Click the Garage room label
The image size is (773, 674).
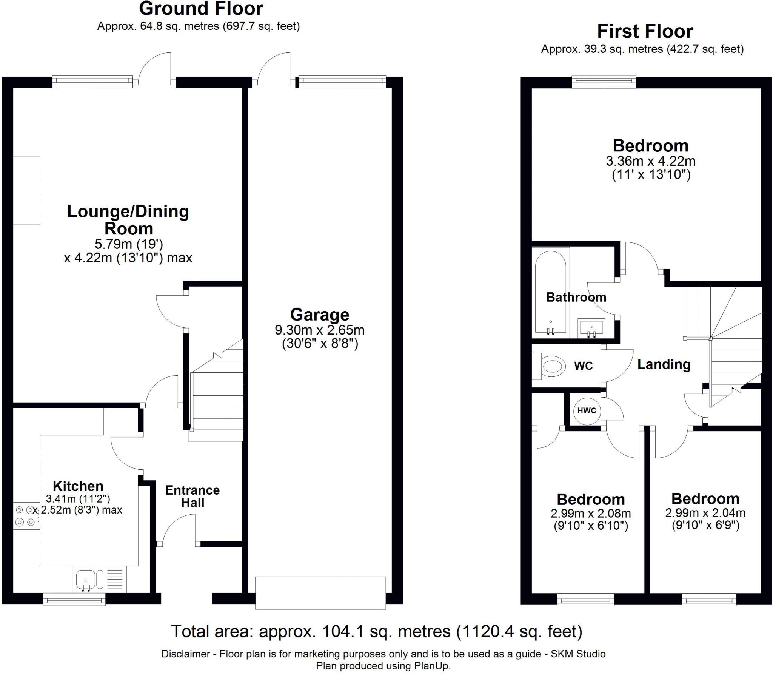(x=320, y=315)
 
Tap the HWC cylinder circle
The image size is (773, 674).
(x=587, y=410)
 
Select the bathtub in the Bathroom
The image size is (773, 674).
(x=551, y=292)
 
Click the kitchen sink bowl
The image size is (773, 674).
(x=86, y=580)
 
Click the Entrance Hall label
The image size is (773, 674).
(x=192, y=496)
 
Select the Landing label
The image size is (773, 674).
(x=664, y=364)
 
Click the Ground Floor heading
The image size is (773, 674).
(x=201, y=9)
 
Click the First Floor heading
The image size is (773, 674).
(x=645, y=31)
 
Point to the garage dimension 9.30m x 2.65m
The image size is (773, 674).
(x=320, y=330)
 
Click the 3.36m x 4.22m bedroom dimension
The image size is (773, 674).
(x=651, y=161)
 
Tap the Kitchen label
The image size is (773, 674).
(x=78, y=486)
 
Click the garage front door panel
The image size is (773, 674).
(x=320, y=593)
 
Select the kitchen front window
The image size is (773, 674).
(x=74, y=599)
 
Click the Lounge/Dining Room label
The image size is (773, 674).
(x=128, y=220)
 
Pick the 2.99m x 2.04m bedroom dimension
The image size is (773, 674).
(x=705, y=513)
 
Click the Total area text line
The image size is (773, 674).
(x=377, y=631)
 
